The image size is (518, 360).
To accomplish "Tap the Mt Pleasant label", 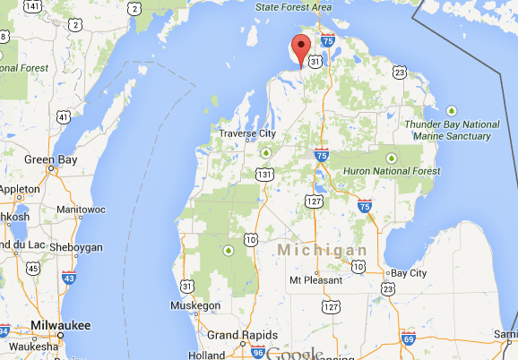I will (x=315, y=280).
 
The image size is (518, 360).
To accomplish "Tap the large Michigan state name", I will (x=322, y=249).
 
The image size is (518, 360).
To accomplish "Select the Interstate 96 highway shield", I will (x=258, y=352).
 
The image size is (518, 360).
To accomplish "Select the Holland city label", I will (x=206, y=355).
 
